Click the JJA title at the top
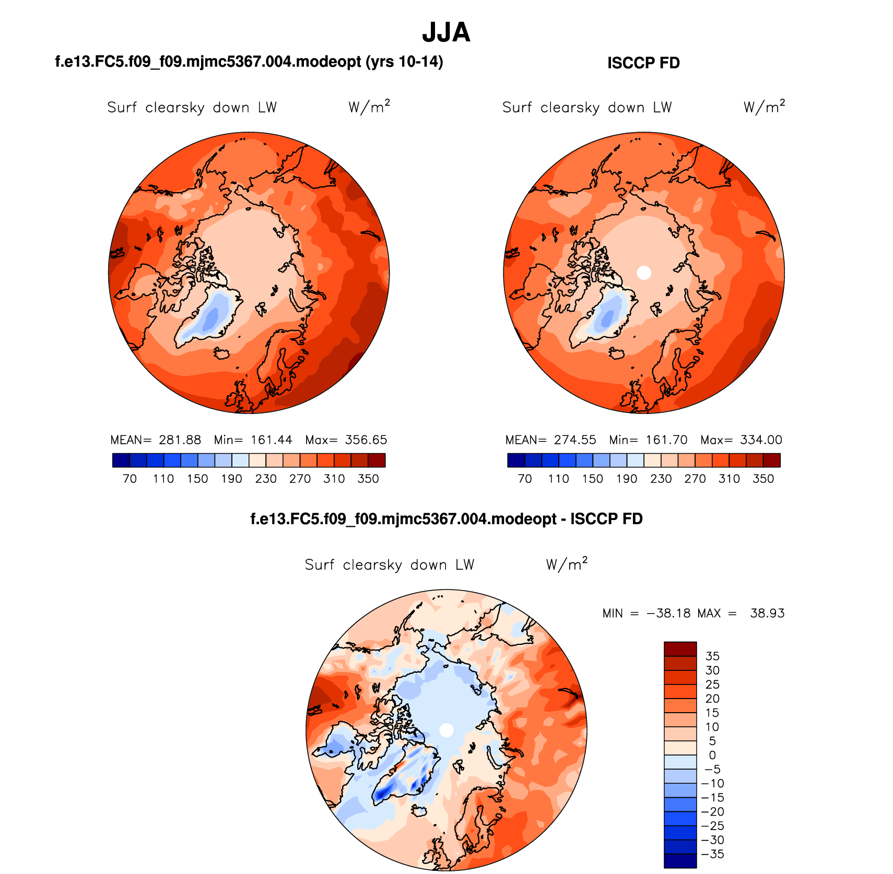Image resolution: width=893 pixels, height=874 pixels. [x=446, y=32]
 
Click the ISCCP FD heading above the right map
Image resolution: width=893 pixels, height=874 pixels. [x=643, y=63]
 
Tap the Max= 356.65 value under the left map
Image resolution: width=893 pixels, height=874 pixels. [x=346, y=440]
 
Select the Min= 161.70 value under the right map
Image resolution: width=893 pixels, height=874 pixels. [x=648, y=440]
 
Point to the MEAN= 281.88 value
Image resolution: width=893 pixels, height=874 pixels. [x=156, y=440]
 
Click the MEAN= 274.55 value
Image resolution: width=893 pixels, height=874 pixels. [x=550, y=440]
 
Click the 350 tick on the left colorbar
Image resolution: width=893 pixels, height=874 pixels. [x=368, y=479]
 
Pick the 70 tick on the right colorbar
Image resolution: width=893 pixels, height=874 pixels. [x=525, y=479]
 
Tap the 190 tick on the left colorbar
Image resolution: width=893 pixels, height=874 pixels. [x=231, y=479]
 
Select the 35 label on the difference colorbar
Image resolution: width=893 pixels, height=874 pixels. [x=712, y=656]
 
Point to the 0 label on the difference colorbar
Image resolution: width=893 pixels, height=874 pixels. [x=712, y=755]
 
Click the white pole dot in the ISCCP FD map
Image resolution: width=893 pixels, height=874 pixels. [x=644, y=272]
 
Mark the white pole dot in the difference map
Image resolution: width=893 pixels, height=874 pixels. [x=446, y=730]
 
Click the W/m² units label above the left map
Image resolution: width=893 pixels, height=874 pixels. [x=369, y=107]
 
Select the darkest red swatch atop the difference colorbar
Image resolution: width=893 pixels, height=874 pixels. [x=680, y=649]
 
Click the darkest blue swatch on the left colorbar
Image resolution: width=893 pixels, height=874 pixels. [x=121, y=460]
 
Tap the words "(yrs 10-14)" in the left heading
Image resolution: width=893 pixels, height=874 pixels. [x=404, y=62]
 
